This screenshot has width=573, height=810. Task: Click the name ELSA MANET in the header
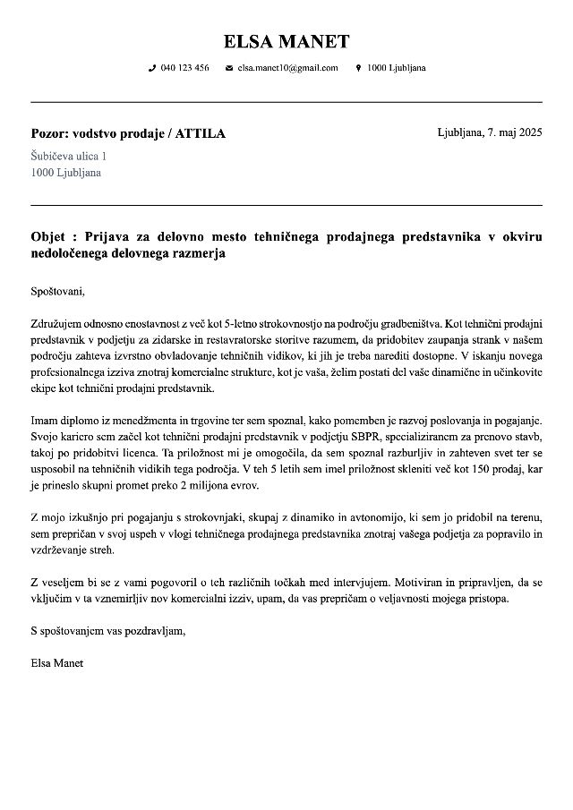tap(286, 41)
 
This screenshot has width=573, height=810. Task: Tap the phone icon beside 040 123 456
tap(152, 68)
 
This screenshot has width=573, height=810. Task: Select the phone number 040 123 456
tap(185, 68)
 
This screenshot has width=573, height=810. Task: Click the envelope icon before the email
tap(229, 68)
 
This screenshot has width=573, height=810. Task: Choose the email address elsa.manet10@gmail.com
tap(287, 68)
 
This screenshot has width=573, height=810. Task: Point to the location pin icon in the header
tap(358, 68)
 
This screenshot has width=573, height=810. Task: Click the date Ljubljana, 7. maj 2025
tap(490, 132)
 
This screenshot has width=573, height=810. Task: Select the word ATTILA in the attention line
tap(201, 134)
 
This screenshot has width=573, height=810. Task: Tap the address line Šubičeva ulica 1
tap(69, 156)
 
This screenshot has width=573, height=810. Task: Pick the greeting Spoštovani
tap(57, 291)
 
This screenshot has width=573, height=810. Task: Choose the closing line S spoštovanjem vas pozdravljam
tap(108, 631)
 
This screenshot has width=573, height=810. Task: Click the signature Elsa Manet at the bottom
tap(56, 663)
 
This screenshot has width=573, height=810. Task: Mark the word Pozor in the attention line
tap(49, 134)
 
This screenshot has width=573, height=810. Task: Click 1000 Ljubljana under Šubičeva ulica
tap(66, 172)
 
